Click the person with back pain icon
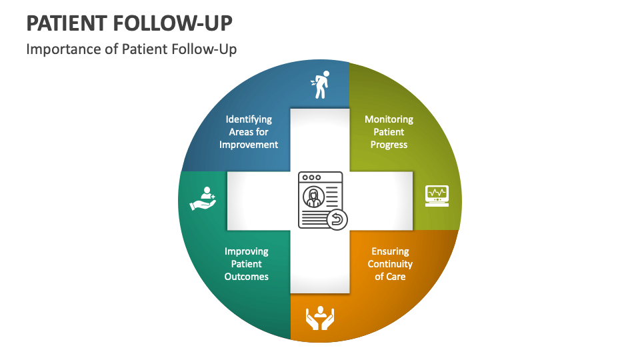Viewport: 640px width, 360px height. [319, 85]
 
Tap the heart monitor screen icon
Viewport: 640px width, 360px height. [437, 195]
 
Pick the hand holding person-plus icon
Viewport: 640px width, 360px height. [202, 197]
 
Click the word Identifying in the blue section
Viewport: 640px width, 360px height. [249, 119]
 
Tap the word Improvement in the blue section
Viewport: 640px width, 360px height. [249, 145]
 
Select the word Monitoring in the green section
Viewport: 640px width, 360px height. [389, 119]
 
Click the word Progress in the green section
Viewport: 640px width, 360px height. [389, 145]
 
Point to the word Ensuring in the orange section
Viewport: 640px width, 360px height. [390, 251]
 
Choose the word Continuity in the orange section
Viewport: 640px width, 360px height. [390, 264]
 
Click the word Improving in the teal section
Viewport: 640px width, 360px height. [247, 251]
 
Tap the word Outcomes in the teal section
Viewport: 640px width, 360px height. [247, 277]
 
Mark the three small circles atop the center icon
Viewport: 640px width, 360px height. [311, 178]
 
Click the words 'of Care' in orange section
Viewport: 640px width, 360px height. [390, 277]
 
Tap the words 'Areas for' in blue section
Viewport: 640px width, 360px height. [249, 132]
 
